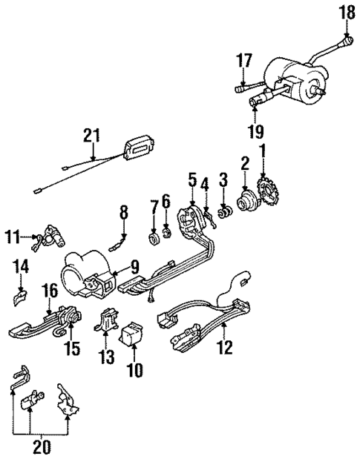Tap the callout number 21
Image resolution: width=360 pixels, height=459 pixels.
91,135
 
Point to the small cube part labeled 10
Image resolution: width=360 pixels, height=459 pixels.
134,334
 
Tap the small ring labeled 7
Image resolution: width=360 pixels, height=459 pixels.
154,240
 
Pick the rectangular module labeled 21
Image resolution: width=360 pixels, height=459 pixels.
137,149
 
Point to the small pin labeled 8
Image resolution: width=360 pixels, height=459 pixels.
117,242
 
